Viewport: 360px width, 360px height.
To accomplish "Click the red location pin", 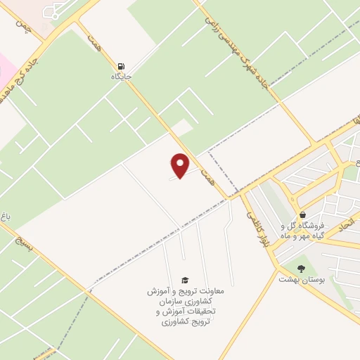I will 180,165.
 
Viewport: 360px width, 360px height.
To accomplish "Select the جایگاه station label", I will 122,75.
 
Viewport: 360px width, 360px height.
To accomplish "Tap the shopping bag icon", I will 302,214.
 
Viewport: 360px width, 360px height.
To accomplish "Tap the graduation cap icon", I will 184,280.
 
